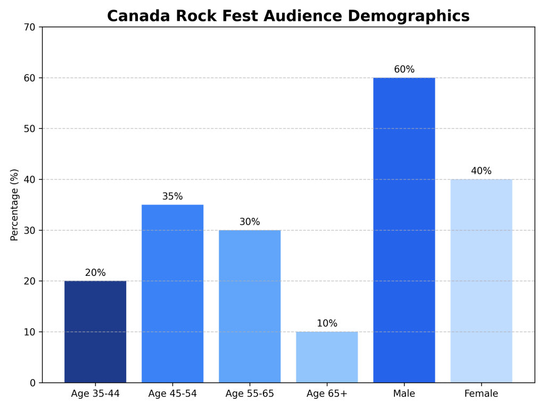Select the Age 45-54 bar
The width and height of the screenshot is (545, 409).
coord(172,293)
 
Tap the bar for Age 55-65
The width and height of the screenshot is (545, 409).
coord(250,306)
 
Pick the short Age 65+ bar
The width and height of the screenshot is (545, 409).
coord(327,357)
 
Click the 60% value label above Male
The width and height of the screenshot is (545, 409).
coord(404,70)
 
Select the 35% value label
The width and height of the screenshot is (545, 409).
coord(172,197)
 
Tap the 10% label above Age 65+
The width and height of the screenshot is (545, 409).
coord(327,324)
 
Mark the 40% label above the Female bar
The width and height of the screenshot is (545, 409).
coord(481,171)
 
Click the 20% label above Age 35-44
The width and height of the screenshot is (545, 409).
coord(95,273)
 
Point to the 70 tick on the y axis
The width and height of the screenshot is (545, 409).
coord(30,27)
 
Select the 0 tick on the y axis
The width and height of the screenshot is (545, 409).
coord(33,383)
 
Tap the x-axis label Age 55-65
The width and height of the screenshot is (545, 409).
coord(250,394)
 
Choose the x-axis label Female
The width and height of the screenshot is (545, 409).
coord(481,394)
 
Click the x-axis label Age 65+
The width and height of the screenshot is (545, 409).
coord(327,394)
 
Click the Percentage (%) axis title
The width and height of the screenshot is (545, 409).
coord(15,205)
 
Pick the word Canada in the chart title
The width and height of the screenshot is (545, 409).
coord(137,17)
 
